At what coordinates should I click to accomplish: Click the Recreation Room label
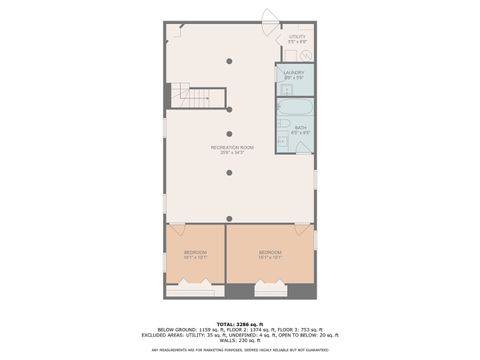229,149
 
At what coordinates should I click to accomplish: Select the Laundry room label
294,74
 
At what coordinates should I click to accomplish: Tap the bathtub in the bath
295,107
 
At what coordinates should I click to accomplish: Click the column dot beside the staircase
229,107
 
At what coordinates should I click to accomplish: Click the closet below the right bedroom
270,291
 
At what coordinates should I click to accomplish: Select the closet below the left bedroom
190,291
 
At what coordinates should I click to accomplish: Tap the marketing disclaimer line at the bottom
239,350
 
